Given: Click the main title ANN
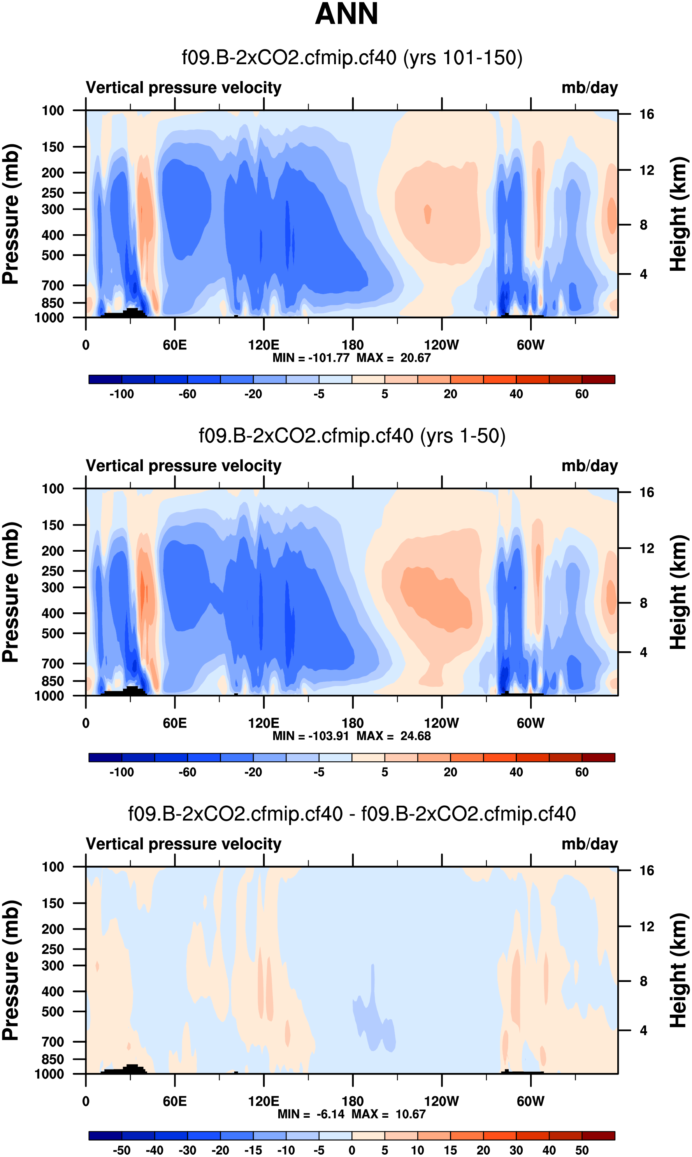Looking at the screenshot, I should pyautogui.click(x=346, y=14).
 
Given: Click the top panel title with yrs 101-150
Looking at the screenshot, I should pyautogui.click(x=352, y=58).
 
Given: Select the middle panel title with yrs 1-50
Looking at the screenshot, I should pyautogui.click(x=352, y=436).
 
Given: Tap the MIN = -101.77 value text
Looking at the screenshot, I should pyautogui.click(x=311, y=358).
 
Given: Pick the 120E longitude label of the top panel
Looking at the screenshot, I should pyautogui.click(x=263, y=345).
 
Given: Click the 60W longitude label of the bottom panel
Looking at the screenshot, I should pyautogui.click(x=530, y=1101).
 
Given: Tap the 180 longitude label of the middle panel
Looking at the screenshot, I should pyautogui.click(x=353, y=723).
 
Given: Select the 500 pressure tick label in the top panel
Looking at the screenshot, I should pyautogui.click(x=53, y=255).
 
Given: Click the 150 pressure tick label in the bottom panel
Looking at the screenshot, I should pyautogui.click(x=53, y=903).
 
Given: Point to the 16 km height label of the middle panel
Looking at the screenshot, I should pyautogui.click(x=647, y=493).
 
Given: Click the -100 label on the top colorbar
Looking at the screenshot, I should pyautogui.click(x=122, y=394).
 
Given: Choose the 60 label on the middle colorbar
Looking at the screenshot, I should pyautogui.click(x=581, y=772).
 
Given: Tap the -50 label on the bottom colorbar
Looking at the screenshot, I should pyautogui.click(x=122, y=1150).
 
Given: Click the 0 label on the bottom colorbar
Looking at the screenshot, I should pyautogui.click(x=352, y=1150).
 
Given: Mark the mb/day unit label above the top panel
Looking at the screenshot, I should pyautogui.click(x=589, y=88).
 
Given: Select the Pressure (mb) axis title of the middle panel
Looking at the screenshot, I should pyautogui.click(x=10, y=592).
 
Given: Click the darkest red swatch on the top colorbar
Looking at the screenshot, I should pyautogui.click(x=598, y=379).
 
